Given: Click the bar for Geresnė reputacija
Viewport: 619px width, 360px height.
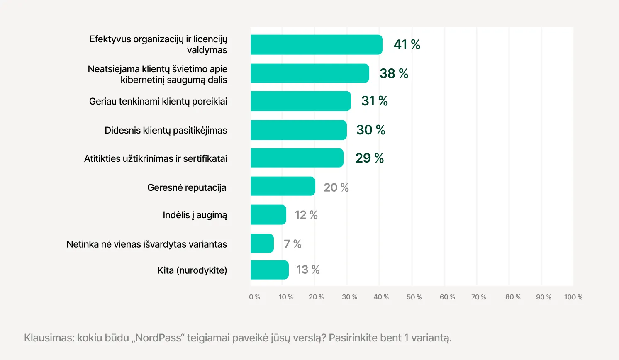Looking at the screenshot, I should click(283, 186).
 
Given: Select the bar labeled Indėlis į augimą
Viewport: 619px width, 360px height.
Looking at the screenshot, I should click(268, 215).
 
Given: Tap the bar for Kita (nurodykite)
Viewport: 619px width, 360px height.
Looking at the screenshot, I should click(269, 270).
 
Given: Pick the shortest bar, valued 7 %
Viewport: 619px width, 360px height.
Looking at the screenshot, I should click(262, 243).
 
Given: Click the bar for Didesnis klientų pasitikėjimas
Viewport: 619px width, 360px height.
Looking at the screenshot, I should click(298, 130).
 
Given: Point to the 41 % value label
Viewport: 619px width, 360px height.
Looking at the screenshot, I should click(407, 44).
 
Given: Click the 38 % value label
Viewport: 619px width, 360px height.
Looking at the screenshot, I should click(394, 73).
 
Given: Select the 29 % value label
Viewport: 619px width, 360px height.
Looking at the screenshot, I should click(369, 158).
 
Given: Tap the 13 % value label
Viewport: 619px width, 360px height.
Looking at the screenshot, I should click(308, 270).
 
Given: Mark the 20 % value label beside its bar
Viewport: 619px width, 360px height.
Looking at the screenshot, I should click(336, 187).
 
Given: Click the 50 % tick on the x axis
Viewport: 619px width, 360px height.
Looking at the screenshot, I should click(414, 297).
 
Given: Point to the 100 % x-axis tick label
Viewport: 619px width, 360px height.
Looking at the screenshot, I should click(573, 297).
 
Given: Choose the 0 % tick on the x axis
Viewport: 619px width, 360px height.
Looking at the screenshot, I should click(254, 297).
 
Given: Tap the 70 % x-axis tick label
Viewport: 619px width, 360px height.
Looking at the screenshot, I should click(478, 297).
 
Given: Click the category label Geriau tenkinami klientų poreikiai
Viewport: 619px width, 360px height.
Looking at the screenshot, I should click(158, 101).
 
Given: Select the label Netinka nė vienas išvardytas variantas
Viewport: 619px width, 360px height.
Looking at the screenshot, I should click(147, 244).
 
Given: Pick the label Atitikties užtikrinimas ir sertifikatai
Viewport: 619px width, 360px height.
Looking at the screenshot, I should click(156, 158).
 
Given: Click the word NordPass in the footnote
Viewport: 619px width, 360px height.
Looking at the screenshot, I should click(158, 338).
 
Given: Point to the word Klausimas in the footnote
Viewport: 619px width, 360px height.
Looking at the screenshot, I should click(49, 338).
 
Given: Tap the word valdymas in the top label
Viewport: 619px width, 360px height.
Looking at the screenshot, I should click(207, 50).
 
